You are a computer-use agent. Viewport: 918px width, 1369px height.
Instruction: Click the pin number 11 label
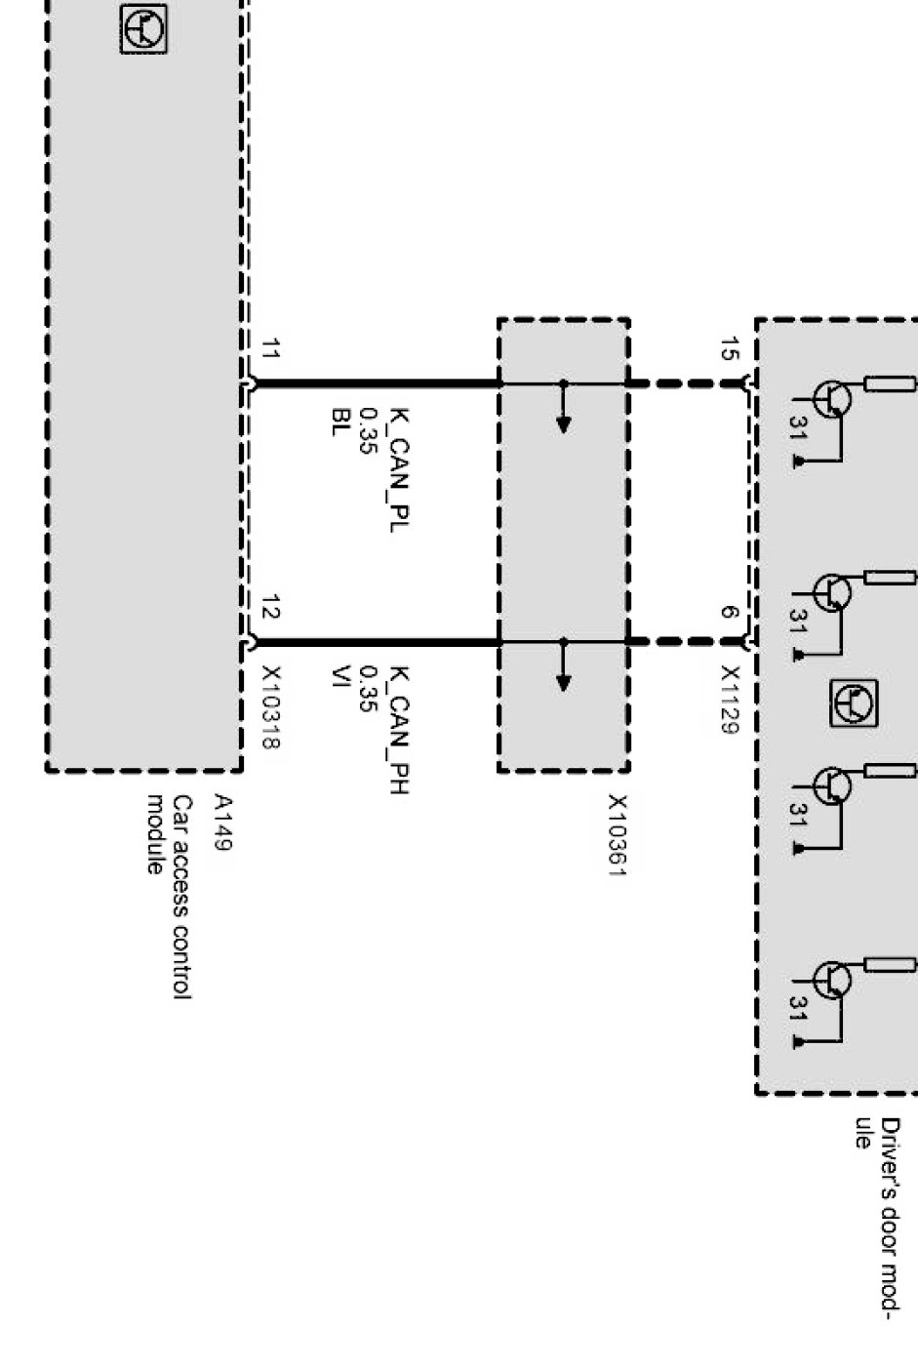pyautogui.click(x=272, y=348)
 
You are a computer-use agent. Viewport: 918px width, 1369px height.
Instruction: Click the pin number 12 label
pyautogui.click(x=272, y=609)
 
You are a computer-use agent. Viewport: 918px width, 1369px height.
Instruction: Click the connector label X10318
pyautogui.click(x=272, y=707)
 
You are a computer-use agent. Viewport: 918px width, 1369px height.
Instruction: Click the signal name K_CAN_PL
pyautogui.click(x=398, y=469)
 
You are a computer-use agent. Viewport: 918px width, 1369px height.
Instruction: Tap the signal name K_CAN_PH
pyautogui.click(x=398, y=730)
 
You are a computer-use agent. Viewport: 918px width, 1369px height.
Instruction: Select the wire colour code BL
pyautogui.click(x=339, y=423)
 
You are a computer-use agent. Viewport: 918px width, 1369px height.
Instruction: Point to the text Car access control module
pyautogui.click(x=168, y=895)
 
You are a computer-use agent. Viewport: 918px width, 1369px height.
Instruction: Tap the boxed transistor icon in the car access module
pyautogui.click(x=143, y=28)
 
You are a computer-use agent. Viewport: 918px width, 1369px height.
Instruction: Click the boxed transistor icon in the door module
pyautogui.click(x=854, y=704)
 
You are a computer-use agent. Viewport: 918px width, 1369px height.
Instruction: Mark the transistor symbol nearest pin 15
pyautogui.click(x=832, y=399)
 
